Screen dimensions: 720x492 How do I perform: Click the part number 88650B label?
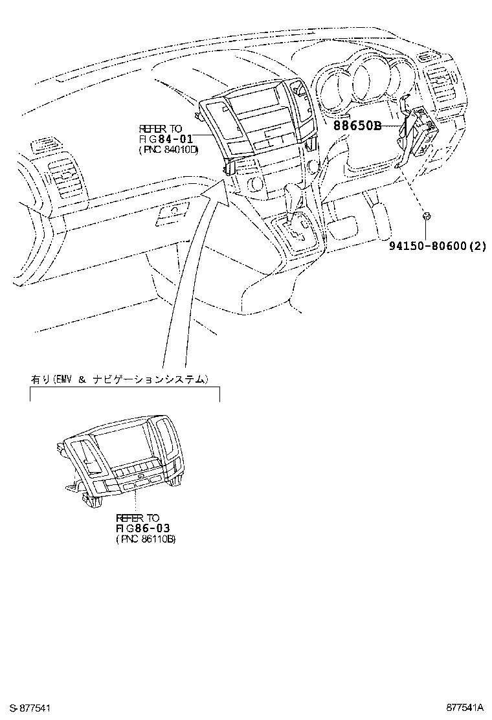point(357,126)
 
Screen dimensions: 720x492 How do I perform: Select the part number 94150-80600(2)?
point(436,245)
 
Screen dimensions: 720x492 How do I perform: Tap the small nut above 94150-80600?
point(427,216)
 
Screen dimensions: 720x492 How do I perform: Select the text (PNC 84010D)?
point(168,149)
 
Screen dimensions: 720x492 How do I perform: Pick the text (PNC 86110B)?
point(145,539)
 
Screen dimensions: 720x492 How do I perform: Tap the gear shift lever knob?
point(293,193)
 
